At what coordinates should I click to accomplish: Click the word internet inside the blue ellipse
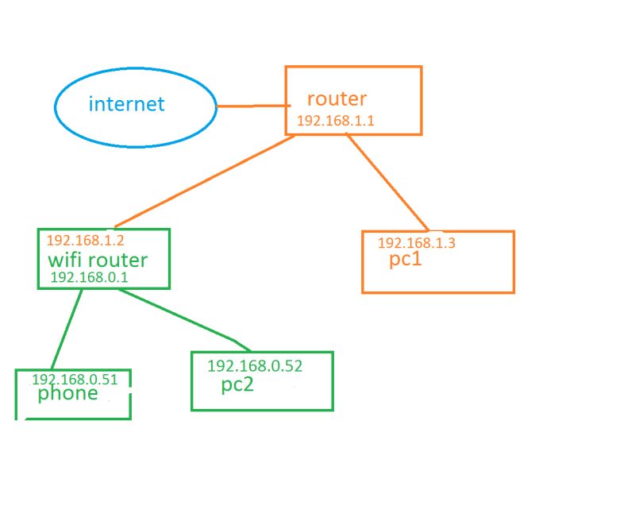(127, 104)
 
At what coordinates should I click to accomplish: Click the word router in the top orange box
(337, 99)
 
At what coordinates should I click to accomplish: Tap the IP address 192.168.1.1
(335, 121)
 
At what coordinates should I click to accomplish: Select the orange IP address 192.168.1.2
(86, 241)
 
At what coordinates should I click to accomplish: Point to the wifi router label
(98, 260)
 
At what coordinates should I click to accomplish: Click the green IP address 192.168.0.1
(89, 277)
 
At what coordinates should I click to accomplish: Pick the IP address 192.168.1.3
(416, 244)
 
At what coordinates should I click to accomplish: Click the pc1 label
(405, 260)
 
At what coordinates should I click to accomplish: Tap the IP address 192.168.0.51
(75, 380)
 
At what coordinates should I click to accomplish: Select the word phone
(68, 393)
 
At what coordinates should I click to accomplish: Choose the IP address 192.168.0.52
(255, 366)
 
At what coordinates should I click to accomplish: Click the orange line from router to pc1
(387, 182)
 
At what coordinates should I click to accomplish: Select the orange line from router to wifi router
(205, 180)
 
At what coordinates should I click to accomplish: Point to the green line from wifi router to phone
(67, 329)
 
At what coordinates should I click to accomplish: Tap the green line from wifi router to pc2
(183, 320)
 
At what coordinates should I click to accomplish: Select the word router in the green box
(118, 260)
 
